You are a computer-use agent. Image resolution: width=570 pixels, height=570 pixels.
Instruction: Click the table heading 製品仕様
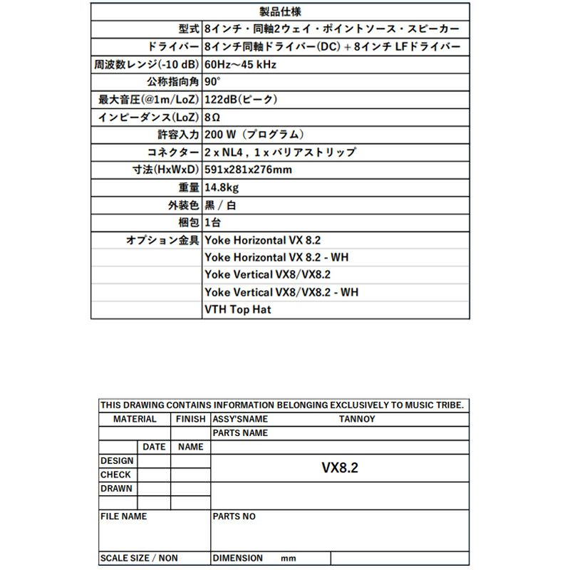281,11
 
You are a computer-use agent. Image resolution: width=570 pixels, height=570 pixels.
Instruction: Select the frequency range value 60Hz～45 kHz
240,64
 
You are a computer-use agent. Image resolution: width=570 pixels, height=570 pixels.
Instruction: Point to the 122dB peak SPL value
240,100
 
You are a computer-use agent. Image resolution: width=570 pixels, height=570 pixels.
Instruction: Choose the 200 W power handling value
254,135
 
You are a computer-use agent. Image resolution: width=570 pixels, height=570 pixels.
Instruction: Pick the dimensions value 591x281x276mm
247,170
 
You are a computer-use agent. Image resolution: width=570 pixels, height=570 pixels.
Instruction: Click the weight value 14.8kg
221,187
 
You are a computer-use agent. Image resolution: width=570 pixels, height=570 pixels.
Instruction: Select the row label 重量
188,187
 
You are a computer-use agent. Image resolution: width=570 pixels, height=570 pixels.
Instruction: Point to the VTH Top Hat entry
237,310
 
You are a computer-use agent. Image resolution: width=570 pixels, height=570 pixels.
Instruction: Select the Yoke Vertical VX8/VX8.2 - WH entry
281,292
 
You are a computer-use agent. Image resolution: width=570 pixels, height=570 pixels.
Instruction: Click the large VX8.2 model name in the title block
340,467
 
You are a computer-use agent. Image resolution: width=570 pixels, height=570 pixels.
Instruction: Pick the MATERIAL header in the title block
135,419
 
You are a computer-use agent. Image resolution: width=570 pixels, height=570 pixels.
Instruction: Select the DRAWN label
116,489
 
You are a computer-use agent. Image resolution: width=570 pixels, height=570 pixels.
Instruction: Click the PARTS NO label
234,516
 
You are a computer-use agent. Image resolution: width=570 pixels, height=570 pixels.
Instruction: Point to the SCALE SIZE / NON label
139,558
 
